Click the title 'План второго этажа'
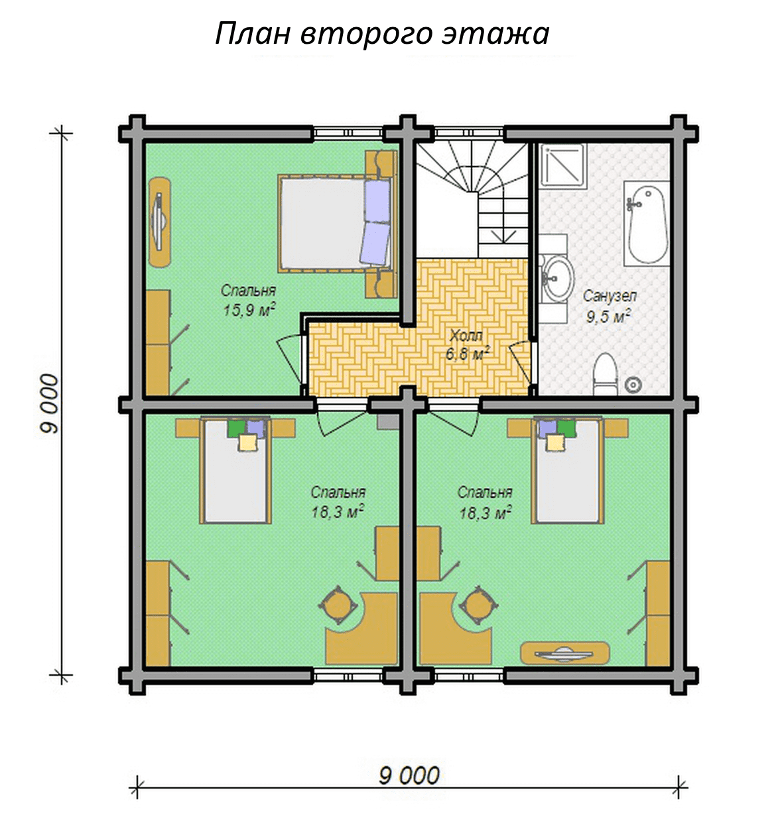[382, 34]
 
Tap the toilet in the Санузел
[605, 374]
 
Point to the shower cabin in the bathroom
[562, 165]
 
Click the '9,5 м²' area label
[608, 316]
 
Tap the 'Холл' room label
[466, 336]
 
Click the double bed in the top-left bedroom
[334, 223]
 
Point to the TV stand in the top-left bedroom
[160, 222]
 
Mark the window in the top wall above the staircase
[469, 133]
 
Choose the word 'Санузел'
[610, 296]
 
